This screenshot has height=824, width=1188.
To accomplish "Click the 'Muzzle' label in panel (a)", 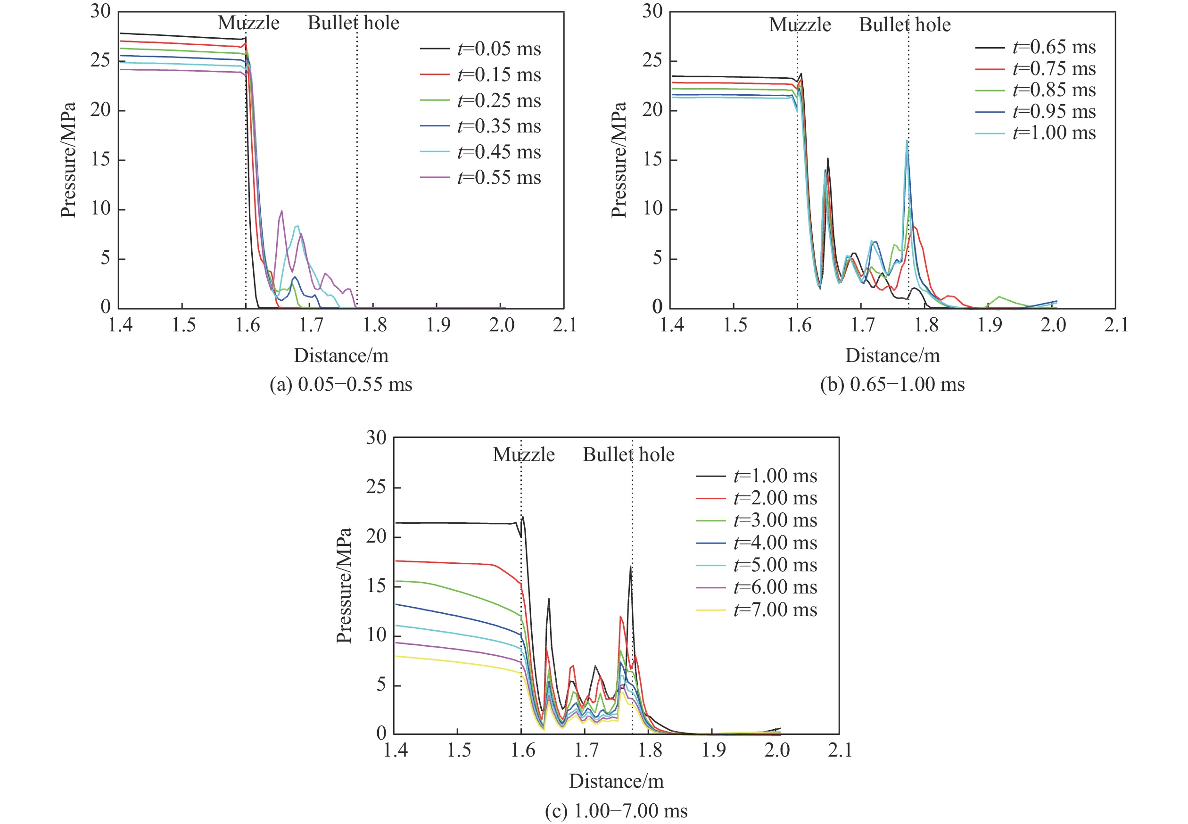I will click(x=248, y=23).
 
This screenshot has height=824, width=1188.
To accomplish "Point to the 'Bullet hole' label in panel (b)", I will click(x=905, y=25).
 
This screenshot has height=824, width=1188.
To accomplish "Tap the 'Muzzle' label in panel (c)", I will click(x=524, y=455).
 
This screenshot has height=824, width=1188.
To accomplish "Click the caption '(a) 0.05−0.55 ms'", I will click(x=341, y=385).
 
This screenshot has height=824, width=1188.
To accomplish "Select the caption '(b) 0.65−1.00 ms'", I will click(x=892, y=385).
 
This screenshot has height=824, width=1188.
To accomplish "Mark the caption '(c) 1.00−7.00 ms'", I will click(x=616, y=811).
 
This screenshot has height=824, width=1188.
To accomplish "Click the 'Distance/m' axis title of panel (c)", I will click(x=616, y=781).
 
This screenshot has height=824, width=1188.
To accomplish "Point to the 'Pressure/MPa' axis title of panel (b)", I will click(x=619, y=160).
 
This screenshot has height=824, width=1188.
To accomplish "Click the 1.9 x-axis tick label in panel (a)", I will click(x=438, y=325).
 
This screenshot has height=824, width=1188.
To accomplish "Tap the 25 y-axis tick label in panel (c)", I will click(x=376, y=486).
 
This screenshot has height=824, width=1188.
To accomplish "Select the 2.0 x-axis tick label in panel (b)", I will click(x=1053, y=325).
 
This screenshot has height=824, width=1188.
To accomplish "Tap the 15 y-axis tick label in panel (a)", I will click(x=101, y=159).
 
